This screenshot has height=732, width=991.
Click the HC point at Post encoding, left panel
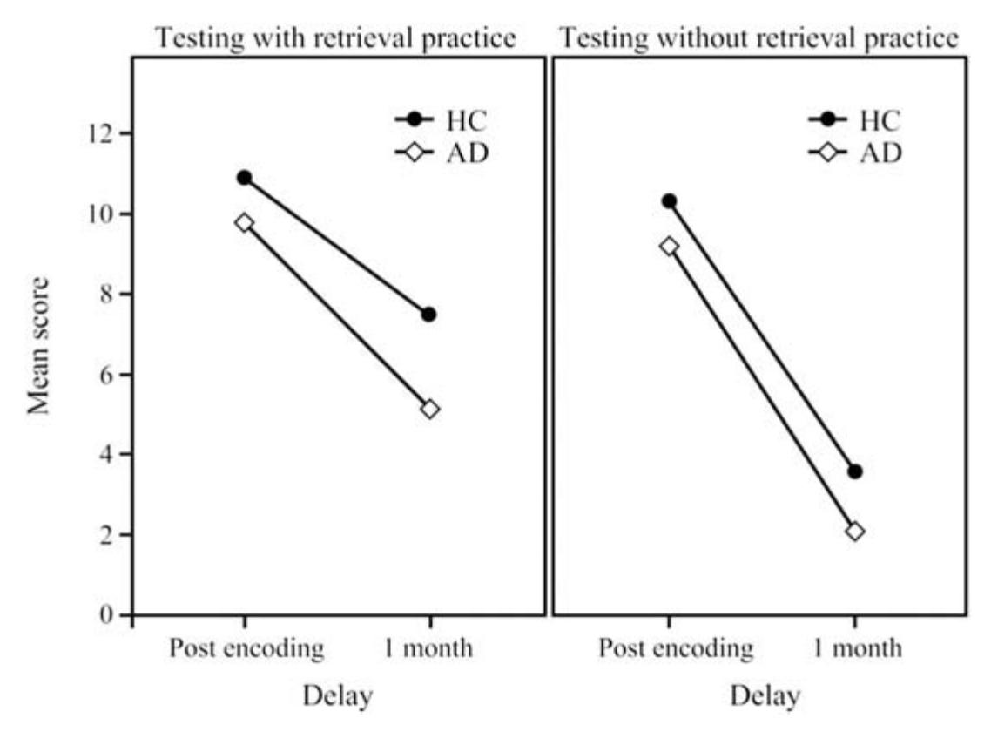pyautogui.click(x=244, y=178)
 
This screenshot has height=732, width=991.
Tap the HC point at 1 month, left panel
pyautogui.click(x=428, y=315)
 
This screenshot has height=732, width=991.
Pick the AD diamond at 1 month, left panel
pyautogui.click(x=429, y=409)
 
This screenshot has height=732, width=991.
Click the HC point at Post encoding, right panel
pyautogui.click(x=669, y=201)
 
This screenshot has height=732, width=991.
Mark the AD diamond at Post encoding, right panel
pyautogui.click(x=669, y=247)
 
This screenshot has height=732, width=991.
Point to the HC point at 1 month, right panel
pyautogui.click(x=854, y=471)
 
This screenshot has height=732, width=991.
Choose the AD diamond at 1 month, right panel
pyautogui.click(x=854, y=532)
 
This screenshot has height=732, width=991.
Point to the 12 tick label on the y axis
pyautogui.click(x=103, y=133)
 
